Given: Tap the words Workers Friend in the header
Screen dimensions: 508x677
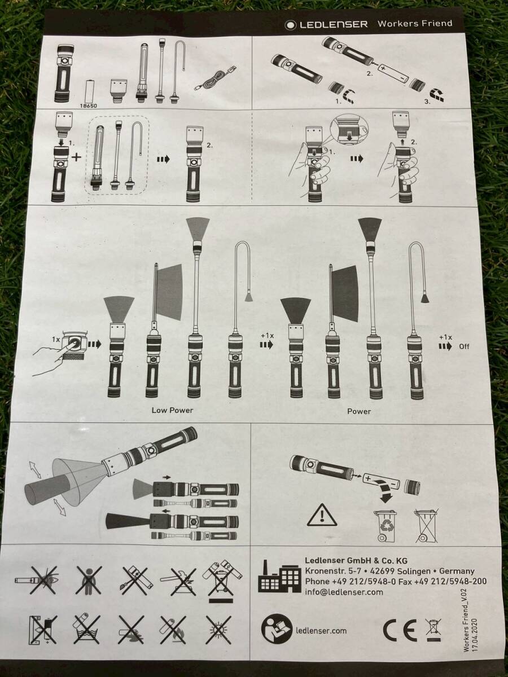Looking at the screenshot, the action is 415,24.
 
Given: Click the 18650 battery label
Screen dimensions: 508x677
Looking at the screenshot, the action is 89,105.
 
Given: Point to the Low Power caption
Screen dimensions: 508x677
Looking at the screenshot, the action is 172,410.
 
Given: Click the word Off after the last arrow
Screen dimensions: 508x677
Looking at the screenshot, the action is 464,346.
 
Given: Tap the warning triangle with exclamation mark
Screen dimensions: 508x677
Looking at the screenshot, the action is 322,515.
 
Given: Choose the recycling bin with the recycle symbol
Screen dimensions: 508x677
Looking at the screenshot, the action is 386,526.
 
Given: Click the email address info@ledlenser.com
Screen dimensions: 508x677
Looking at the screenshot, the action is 344,592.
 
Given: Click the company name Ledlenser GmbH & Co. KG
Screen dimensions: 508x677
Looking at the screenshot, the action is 356,560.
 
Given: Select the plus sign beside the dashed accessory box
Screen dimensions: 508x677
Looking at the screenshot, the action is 76,157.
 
